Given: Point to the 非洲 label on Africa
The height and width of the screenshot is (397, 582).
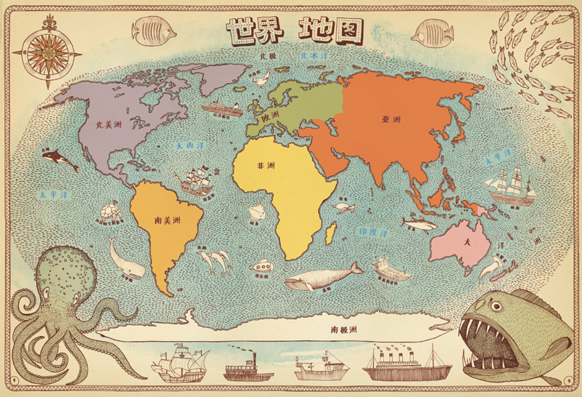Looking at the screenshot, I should click(266, 166).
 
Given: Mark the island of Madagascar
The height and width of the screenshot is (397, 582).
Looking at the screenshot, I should click(332, 233).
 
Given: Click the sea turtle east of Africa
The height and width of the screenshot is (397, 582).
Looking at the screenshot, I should click(341, 207).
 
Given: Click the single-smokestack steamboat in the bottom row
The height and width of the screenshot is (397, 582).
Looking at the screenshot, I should click(244, 367).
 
